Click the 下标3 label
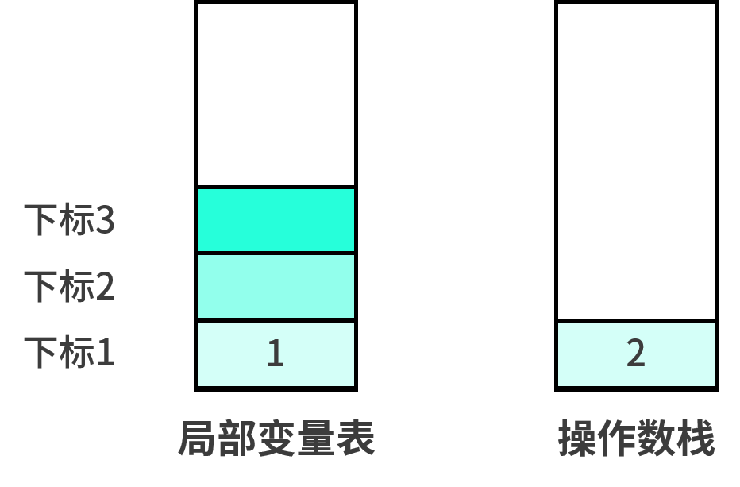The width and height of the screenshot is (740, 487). (69, 219)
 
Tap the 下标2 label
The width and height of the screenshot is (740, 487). (69, 286)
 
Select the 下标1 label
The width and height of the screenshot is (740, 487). (69, 353)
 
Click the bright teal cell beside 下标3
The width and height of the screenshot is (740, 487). (276, 220)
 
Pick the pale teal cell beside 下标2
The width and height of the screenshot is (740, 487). (276, 287)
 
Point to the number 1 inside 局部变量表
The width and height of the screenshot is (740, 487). (276, 353)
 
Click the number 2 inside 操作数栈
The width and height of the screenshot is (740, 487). (636, 353)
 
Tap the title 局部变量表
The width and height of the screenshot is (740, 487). (276, 438)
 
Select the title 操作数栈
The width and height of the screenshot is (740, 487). (636, 438)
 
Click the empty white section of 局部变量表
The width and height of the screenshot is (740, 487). (276, 95)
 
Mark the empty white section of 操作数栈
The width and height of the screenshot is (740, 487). (636, 161)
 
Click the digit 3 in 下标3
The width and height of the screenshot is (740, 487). (105, 220)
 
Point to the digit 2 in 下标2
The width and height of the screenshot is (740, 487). (105, 286)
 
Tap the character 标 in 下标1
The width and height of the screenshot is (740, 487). (77, 353)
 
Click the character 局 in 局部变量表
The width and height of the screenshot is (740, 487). (198, 438)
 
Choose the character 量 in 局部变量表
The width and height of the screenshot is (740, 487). (316, 438)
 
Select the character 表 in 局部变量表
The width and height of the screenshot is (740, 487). (356, 438)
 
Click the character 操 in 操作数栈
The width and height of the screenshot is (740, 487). (578, 438)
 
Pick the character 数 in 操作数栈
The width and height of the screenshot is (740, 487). (656, 438)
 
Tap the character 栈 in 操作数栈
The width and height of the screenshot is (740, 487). (696, 438)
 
